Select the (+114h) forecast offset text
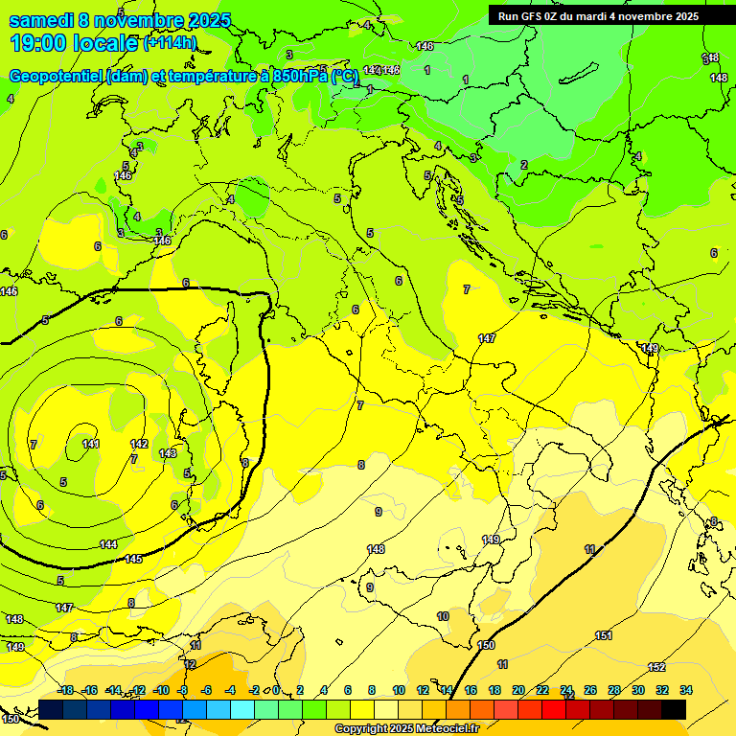pos(170,43)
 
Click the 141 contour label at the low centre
pos(90,444)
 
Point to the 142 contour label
pos(139,444)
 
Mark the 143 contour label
pos(168,452)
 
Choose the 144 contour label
pos(108,544)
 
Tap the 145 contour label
pos(133,559)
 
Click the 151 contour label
pos(604,635)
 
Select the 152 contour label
pos(656,667)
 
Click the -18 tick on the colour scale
pos(66,690)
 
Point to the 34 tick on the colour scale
pos(686,690)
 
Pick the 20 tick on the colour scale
pos(518,690)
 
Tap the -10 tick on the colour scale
pos(161,690)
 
